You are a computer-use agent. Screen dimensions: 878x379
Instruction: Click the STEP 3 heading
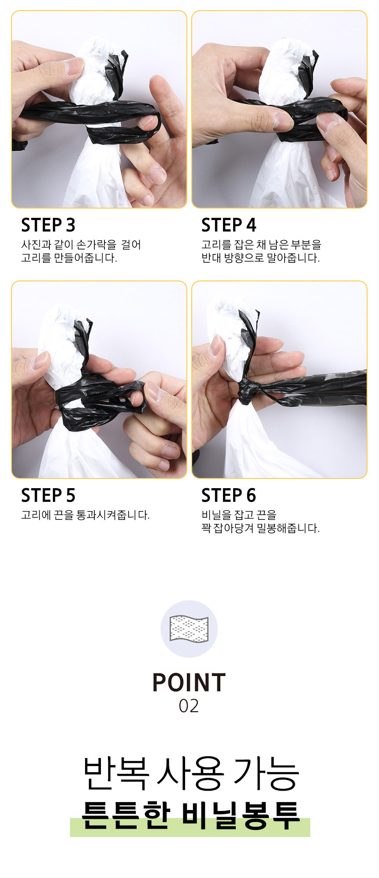(48, 225)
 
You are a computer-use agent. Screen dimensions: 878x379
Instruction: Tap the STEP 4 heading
(228, 225)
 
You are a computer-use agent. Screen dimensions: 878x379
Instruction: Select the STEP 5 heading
(48, 496)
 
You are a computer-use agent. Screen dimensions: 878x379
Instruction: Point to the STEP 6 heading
(228, 496)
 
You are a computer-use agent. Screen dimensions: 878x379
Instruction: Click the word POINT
(189, 683)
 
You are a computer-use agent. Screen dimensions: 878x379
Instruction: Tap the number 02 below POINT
(189, 706)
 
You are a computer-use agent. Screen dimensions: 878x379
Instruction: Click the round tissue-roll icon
(189, 629)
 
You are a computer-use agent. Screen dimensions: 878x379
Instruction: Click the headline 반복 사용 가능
(190, 774)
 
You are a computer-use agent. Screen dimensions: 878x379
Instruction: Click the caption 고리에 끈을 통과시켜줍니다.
(85, 515)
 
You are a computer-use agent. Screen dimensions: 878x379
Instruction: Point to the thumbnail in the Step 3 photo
(74, 66)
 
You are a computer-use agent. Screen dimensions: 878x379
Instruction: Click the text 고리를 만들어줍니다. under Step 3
(69, 258)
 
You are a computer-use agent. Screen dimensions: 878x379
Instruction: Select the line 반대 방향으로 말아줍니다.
(260, 258)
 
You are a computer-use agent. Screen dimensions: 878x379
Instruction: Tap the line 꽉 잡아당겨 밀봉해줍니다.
(260, 528)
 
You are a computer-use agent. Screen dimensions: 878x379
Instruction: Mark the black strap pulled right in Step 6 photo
(326, 388)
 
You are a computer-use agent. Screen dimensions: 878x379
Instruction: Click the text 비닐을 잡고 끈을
(238, 515)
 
